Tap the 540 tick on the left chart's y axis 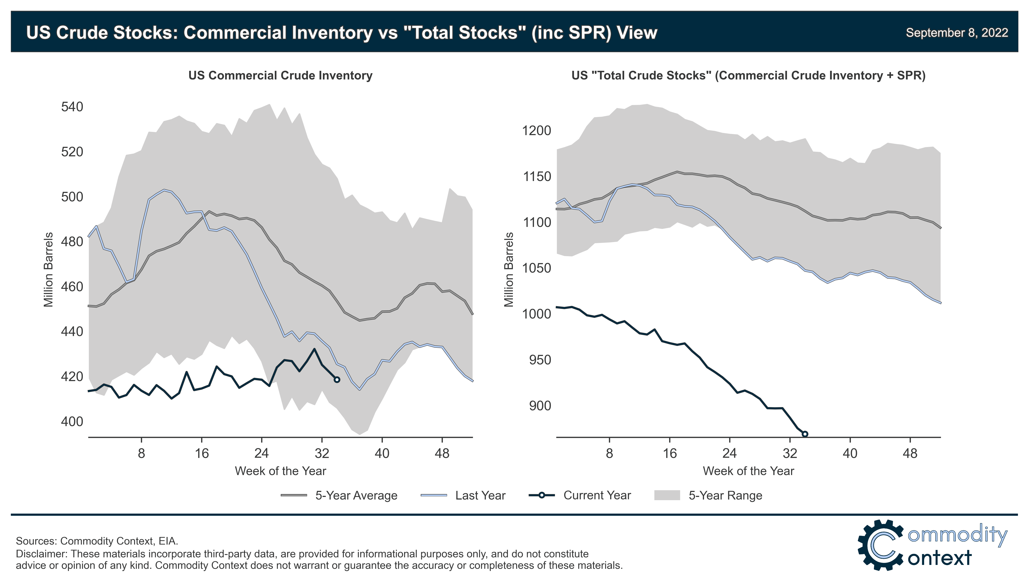click(x=72, y=107)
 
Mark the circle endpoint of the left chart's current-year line click(x=337, y=379)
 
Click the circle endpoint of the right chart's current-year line click(x=805, y=434)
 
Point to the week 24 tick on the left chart click(x=261, y=454)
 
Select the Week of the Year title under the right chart click(x=748, y=471)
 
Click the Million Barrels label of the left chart click(x=48, y=269)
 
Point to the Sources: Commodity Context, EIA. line click(x=97, y=541)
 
